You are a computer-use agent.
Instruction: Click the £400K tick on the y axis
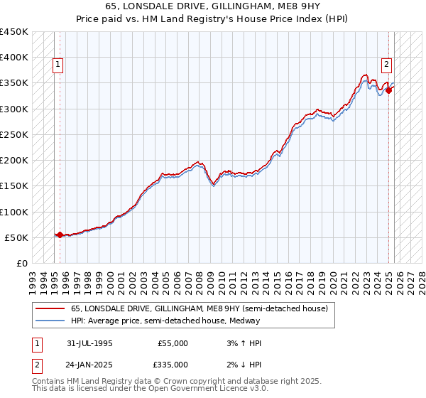(x=14, y=58)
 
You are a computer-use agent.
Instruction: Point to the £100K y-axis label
(x=14, y=212)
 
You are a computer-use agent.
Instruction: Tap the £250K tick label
(x=14, y=134)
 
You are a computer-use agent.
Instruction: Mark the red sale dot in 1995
(x=60, y=235)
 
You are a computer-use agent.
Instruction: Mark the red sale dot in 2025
(x=389, y=90)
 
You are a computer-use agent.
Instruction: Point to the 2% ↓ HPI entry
(x=242, y=364)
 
